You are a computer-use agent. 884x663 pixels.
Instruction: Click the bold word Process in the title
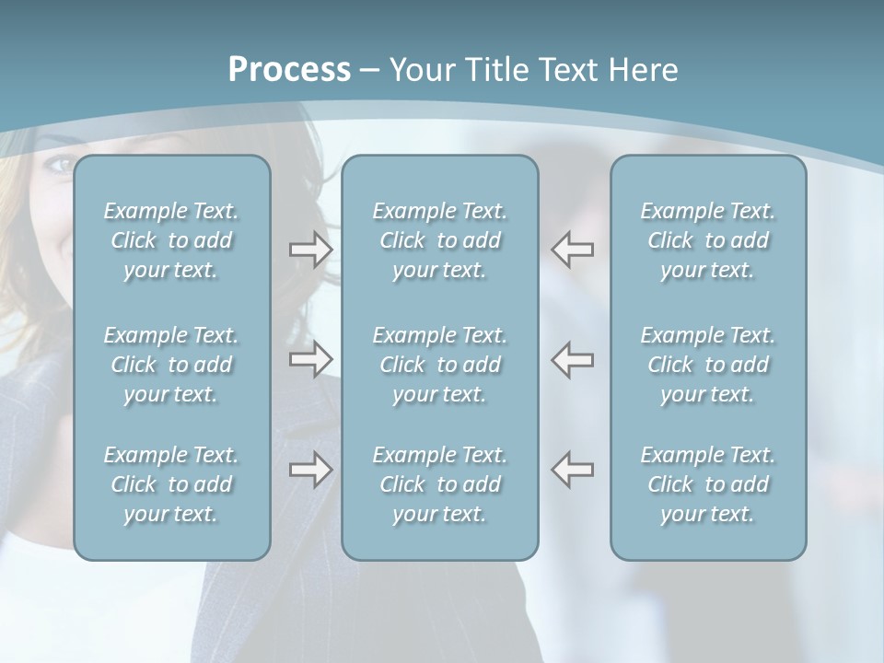(289, 70)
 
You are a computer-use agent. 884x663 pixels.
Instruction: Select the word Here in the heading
(645, 70)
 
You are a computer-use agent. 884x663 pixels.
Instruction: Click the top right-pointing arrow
(310, 250)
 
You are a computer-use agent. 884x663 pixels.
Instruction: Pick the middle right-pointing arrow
(310, 359)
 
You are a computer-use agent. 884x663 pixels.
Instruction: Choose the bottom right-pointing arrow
(310, 470)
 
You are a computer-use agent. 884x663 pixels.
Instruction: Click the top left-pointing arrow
(573, 250)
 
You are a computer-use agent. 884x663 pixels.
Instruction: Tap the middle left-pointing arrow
(573, 359)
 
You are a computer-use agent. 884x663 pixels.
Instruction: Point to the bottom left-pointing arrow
(573, 470)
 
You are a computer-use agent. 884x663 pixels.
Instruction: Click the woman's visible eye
(61, 164)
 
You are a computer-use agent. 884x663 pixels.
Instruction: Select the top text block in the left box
(171, 240)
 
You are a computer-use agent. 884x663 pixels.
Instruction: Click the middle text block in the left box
(171, 365)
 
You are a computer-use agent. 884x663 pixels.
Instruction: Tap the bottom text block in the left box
(171, 484)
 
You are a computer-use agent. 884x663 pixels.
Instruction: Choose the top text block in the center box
(440, 240)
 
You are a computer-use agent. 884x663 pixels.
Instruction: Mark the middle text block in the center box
(440, 365)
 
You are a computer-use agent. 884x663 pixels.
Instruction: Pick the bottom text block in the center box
(440, 484)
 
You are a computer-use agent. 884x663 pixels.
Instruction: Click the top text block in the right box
(708, 240)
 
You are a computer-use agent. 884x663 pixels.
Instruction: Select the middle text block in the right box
(708, 365)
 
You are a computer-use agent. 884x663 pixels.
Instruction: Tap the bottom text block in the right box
(708, 484)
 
